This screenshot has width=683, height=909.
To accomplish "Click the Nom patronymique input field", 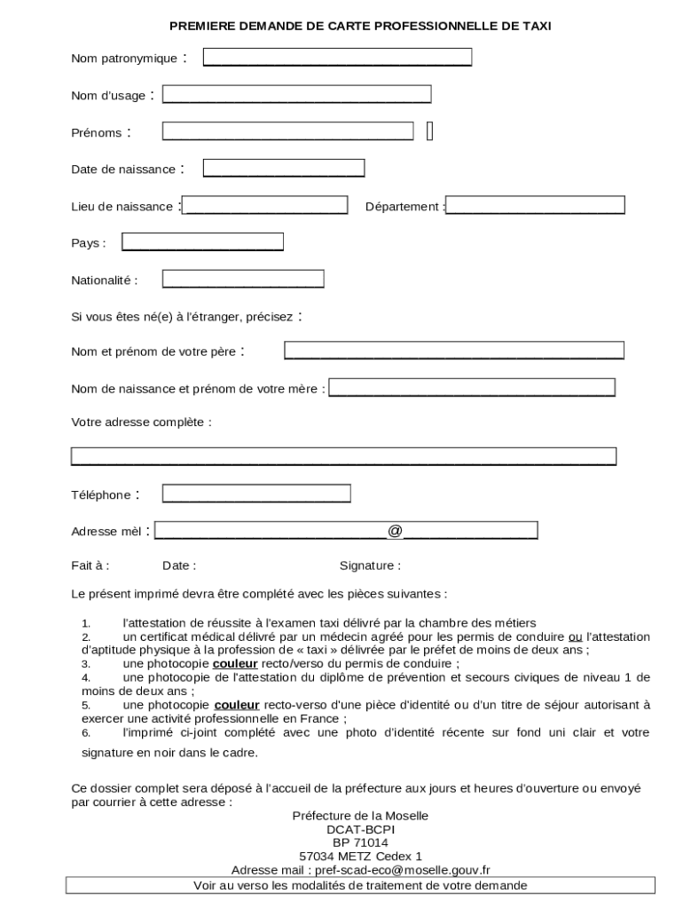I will click(x=337, y=58).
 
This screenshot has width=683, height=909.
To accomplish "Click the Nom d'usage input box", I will click(x=296, y=94).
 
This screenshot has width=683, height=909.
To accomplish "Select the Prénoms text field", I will click(x=287, y=131).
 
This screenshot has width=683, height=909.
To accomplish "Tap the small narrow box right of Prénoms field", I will click(x=430, y=131).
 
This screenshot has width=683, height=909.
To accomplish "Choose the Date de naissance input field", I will click(x=284, y=168).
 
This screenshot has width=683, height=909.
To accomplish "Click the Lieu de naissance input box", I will click(x=264, y=205).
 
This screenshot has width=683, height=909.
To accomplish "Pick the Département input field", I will click(x=536, y=205).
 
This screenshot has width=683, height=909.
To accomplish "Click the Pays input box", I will click(x=202, y=241).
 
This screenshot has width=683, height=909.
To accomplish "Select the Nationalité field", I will click(x=243, y=279).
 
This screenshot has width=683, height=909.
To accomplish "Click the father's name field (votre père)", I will click(x=454, y=351).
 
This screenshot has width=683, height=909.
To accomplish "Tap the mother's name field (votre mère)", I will click(x=472, y=388).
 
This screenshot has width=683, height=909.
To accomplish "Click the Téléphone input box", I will click(x=256, y=494).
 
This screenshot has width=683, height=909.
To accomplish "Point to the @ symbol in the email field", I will click(x=395, y=531).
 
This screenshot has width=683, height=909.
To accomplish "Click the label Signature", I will click(x=370, y=565).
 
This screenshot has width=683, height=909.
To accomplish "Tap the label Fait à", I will click(x=90, y=565).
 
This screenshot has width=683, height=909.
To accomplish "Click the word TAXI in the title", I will click(x=536, y=27).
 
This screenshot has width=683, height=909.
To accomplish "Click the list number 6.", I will click(x=86, y=733).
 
